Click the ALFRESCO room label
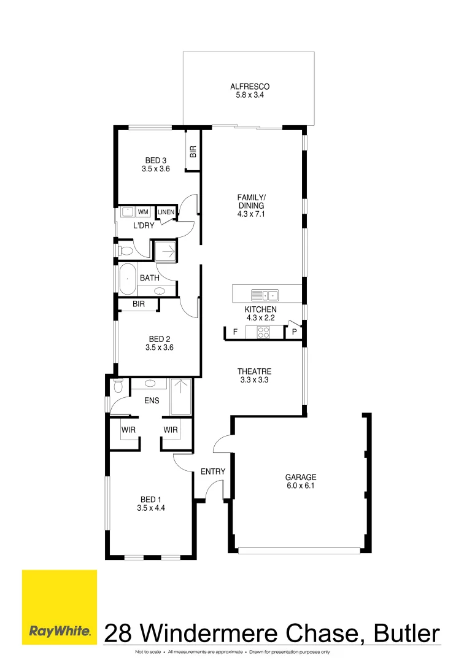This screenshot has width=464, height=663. coord(250,87)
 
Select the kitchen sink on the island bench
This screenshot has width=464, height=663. coord(265,293)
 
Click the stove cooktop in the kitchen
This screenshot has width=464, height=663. coord(263,332)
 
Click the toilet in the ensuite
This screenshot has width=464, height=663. coord(118,387)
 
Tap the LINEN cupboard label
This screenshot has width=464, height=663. coord(166,212)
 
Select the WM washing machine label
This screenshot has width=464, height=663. coord(143,212)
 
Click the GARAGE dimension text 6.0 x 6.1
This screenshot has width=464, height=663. coord(300,486)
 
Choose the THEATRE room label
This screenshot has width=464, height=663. coord(254,371)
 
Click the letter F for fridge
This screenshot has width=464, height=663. coord(234,332)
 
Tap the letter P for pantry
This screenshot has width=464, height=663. coord(295,332)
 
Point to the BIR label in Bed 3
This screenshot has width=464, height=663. coord(193,152)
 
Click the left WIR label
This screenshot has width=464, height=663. coord(128,430)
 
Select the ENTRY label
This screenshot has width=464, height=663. coord(213,471)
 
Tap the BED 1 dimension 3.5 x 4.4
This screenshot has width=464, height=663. coord(152,508)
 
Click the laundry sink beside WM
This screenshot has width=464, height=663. coord(126,212)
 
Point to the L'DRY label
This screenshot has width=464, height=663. coord(144,226)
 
